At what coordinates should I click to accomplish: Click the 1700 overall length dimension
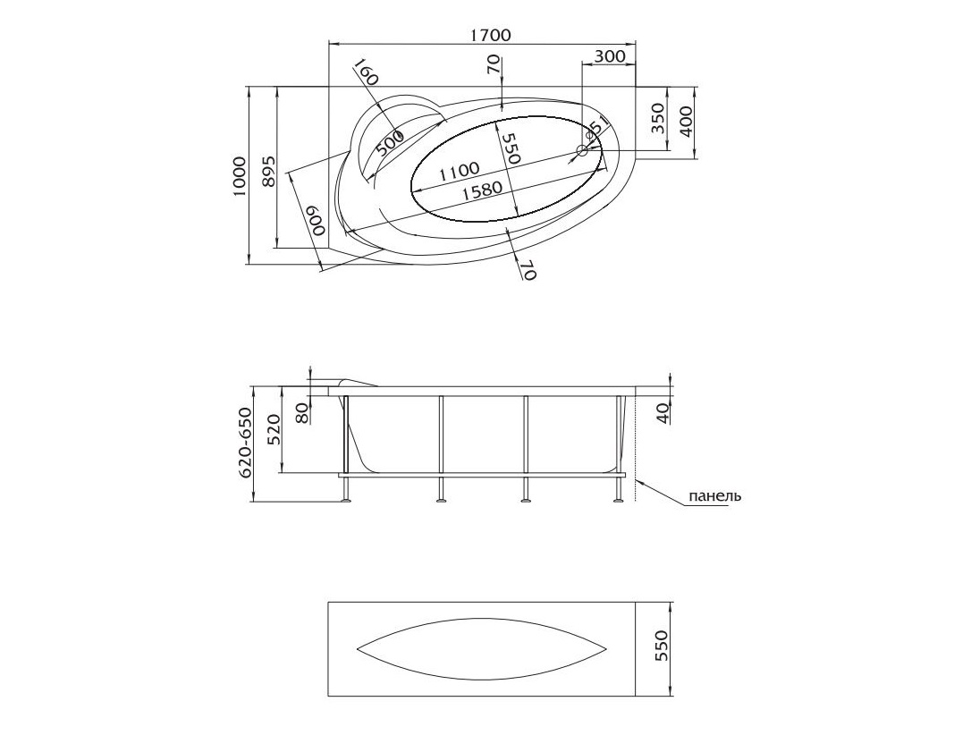pos(491,35)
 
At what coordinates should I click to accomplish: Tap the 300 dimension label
pos(610,56)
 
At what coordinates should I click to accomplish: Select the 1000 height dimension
pos(240,176)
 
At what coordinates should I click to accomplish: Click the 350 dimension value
pos(657,118)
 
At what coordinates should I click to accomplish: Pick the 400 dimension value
pos(686,118)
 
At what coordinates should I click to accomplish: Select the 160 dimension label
pos(366,73)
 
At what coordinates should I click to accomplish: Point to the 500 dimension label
pos(390,144)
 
